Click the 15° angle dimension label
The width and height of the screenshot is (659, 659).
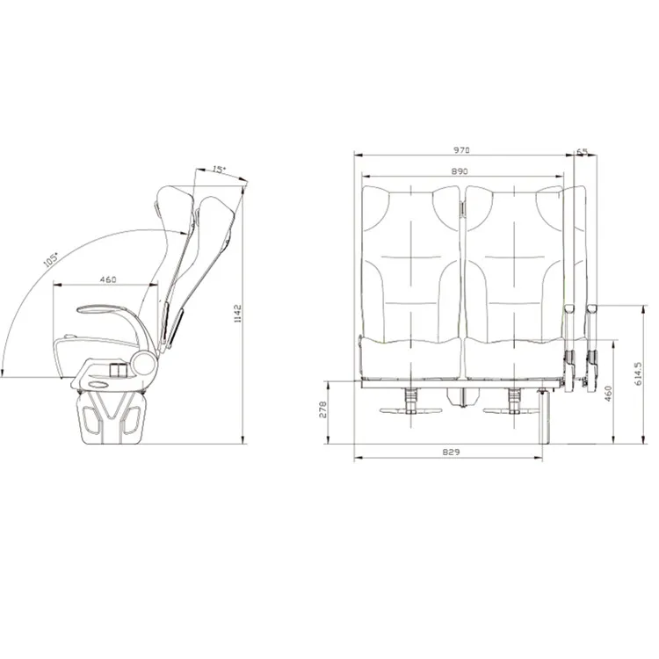220,170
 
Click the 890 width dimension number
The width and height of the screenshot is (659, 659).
459,171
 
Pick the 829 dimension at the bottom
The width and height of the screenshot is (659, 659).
453,451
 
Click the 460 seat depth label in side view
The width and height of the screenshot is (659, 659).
108,279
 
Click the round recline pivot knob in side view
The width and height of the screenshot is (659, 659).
142,361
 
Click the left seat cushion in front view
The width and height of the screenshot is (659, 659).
411,360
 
